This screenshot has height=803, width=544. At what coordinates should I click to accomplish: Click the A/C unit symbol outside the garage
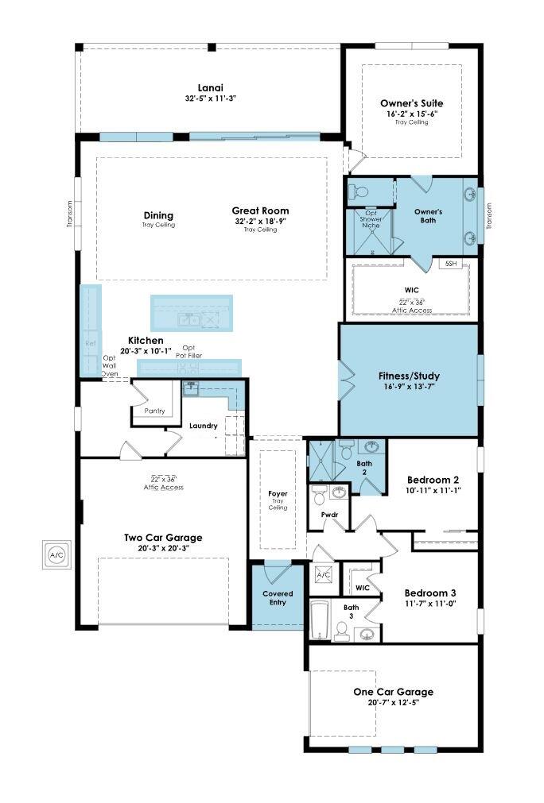click(57, 554)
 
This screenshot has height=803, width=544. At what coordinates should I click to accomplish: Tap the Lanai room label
click(210, 88)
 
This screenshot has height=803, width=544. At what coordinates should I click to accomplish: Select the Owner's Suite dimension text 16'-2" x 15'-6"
click(411, 114)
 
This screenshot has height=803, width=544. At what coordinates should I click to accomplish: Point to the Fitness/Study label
click(410, 376)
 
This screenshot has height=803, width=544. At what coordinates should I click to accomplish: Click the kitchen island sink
click(188, 319)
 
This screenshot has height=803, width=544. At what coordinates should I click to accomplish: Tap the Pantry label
click(155, 411)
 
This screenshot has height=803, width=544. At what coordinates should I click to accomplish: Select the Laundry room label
click(204, 426)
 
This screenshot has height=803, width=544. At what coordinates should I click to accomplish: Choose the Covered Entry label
click(278, 598)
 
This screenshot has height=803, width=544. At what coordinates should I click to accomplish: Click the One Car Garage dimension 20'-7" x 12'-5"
click(393, 703)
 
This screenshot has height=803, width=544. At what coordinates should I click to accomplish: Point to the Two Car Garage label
click(162, 537)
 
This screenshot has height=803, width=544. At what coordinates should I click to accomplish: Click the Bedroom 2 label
click(433, 480)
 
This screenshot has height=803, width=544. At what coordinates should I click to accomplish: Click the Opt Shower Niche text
click(371, 218)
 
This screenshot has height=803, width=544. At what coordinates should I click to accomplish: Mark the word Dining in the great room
click(158, 215)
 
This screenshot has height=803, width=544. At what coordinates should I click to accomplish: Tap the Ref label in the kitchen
click(90, 343)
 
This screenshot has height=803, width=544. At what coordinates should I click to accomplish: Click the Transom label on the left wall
click(70, 215)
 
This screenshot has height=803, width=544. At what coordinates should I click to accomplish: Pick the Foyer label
click(278, 493)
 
